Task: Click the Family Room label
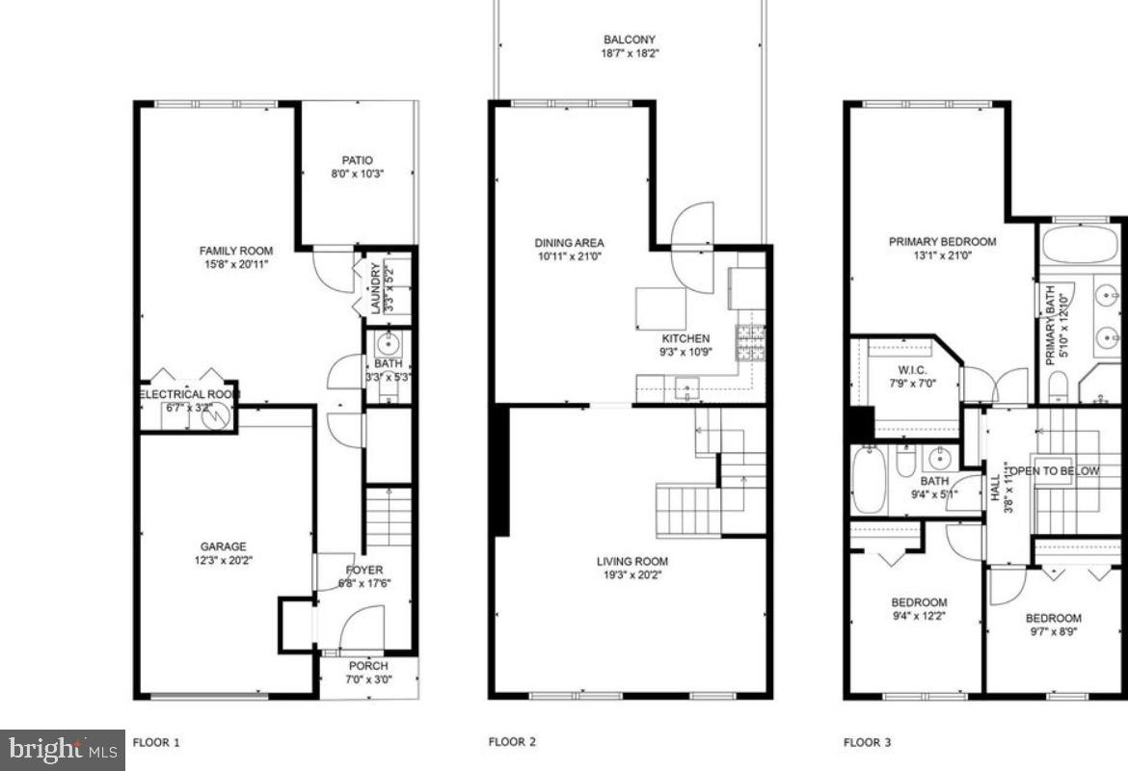pyautogui.click(x=236, y=251)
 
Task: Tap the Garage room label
pyautogui.click(x=224, y=545)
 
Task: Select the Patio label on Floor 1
pyautogui.click(x=357, y=160)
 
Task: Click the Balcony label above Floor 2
pyautogui.click(x=631, y=40)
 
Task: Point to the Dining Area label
pyautogui.click(x=569, y=243)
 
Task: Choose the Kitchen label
pyautogui.click(x=685, y=338)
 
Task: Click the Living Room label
pyautogui.click(x=631, y=561)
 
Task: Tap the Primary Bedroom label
pyautogui.click(x=942, y=242)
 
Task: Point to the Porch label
pyautogui.click(x=368, y=666)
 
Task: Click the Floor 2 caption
pyautogui.click(x=512, y=742)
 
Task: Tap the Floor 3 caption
pyautogui.click(x=868, y=742)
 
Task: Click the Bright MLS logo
pyautogui.click(x=63, y=749)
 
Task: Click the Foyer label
pyautogui.click(x=363, y=570)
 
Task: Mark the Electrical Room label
pyautogui.click(x=187, y=394)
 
